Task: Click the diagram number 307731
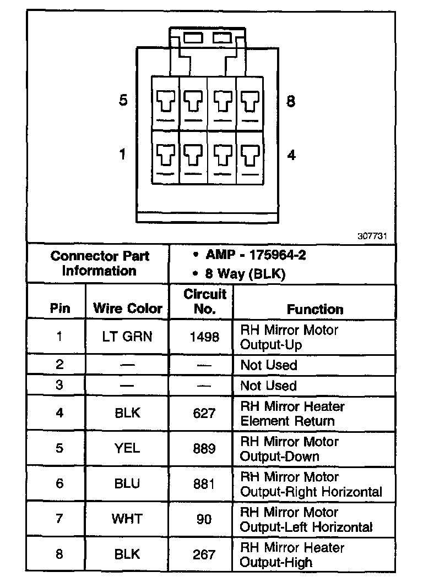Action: click(x=376, y=235)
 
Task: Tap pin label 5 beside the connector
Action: click(x=123, y=101)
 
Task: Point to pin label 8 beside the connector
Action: click(x=291, y=101)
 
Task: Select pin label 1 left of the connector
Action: click(x=123, y=155)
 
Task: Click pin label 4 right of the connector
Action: click(x=291, y=155)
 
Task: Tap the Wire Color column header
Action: click(x=127, y=308)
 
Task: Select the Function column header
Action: click(x=314, y=309)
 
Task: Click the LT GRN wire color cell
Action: click(x=127, y=337)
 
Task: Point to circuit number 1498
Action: click(x=204, y=337)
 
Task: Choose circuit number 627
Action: click(x=204, y=413)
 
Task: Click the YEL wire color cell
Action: click(x=127, y=448)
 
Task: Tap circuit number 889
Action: click(x=204, y=448)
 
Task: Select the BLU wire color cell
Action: click(x=127, y=483)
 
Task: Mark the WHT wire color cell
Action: click(x=127, y=519)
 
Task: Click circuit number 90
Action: click(x=204, y=519)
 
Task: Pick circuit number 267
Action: click(x=204, y=554)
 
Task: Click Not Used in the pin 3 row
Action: click(x=269, y=385)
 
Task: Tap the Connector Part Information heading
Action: click(x=99, y=263)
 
